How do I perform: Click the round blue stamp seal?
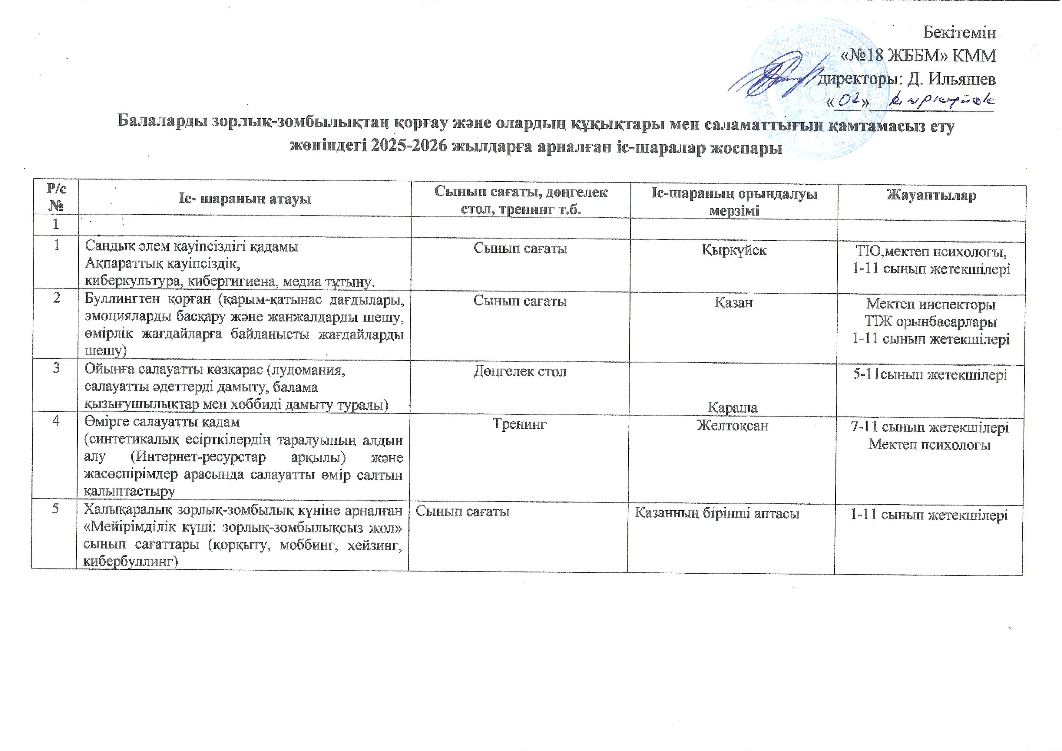pos(814,88)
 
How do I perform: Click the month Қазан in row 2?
pos(734,303)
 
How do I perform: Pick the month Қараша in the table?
pos(733,407)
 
